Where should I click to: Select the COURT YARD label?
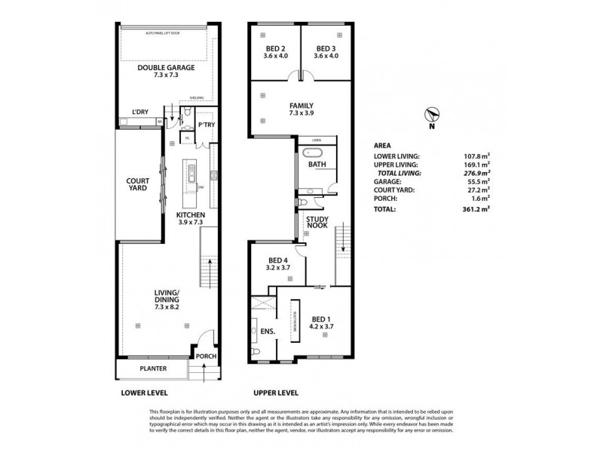tap(138, 186)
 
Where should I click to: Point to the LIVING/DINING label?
tap(166, 297)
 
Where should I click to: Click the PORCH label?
tap(205, 356)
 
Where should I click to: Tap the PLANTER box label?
tap(152, 368)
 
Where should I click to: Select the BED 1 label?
tap(323, 323)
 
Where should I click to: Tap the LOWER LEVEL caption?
tap(145, 393)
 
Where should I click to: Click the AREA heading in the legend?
tap(382, 146)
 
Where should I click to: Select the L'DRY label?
tap(139, 112)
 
